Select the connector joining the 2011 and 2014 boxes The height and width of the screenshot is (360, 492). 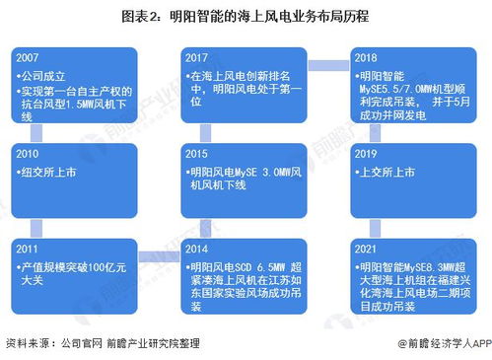[153, 258]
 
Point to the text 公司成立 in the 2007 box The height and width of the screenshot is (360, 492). [47, 75]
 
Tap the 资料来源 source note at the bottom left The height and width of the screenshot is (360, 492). [29, 343]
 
